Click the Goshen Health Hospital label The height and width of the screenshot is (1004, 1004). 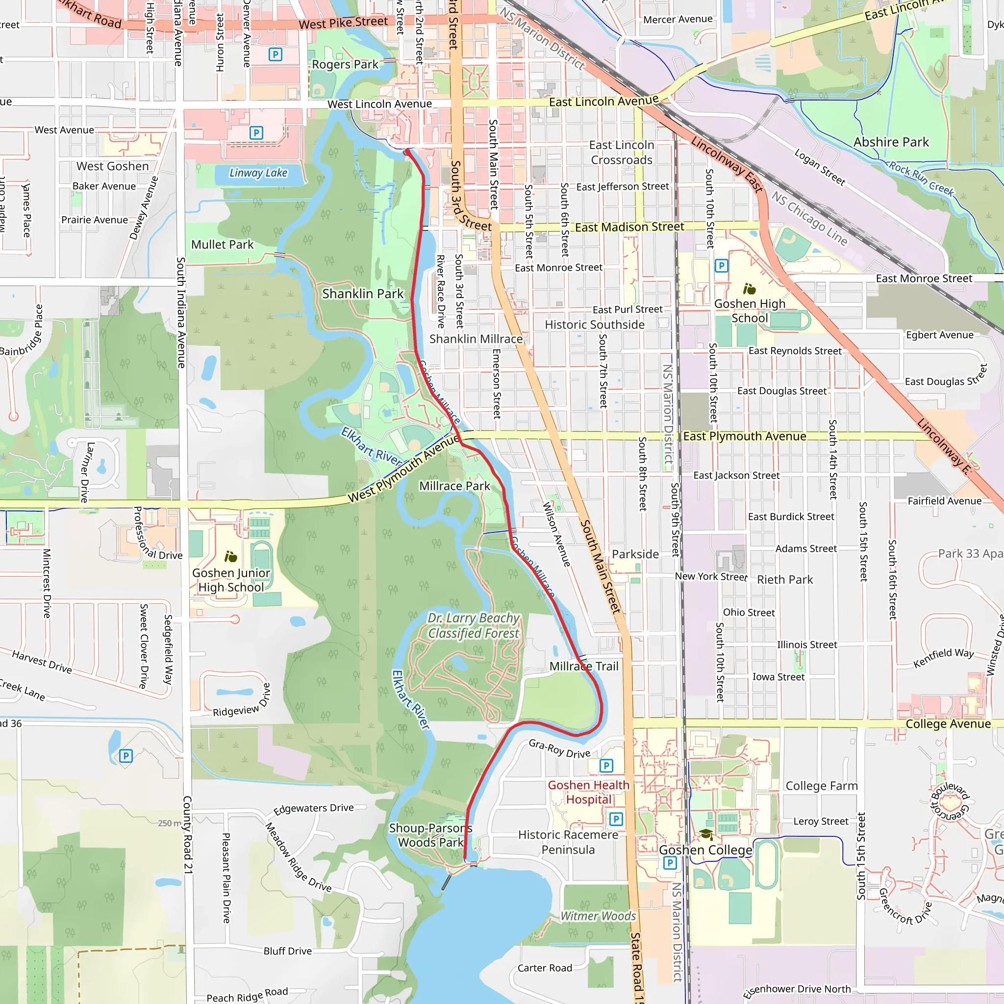point(588,792)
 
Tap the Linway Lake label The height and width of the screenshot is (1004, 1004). point(258,173)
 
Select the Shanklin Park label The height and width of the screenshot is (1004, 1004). point(363,294)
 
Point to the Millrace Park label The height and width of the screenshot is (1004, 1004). point(455,486)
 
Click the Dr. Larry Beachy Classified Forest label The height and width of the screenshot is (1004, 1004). point(473,626)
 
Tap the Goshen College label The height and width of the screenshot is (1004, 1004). point(705,850)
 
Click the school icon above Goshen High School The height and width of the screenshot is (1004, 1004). point(749,288)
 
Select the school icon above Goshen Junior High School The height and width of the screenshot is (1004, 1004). point(231,557)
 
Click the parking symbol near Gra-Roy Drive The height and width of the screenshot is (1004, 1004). point(606,765)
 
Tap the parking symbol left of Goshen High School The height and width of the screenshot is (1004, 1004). point(721,266)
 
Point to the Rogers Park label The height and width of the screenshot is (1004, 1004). point(345,64)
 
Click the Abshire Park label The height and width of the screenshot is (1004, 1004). point(891,142)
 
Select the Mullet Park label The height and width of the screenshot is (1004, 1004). point(223,244)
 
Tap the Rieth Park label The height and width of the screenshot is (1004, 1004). point(785,579)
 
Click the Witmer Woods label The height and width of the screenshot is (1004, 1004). point(598,916)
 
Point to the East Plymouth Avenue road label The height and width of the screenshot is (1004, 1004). point(744,436)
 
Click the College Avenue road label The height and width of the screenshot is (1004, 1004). point(948,724)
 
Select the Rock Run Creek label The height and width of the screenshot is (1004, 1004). point(921,179)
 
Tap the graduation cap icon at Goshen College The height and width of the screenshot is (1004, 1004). point(706,834)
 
